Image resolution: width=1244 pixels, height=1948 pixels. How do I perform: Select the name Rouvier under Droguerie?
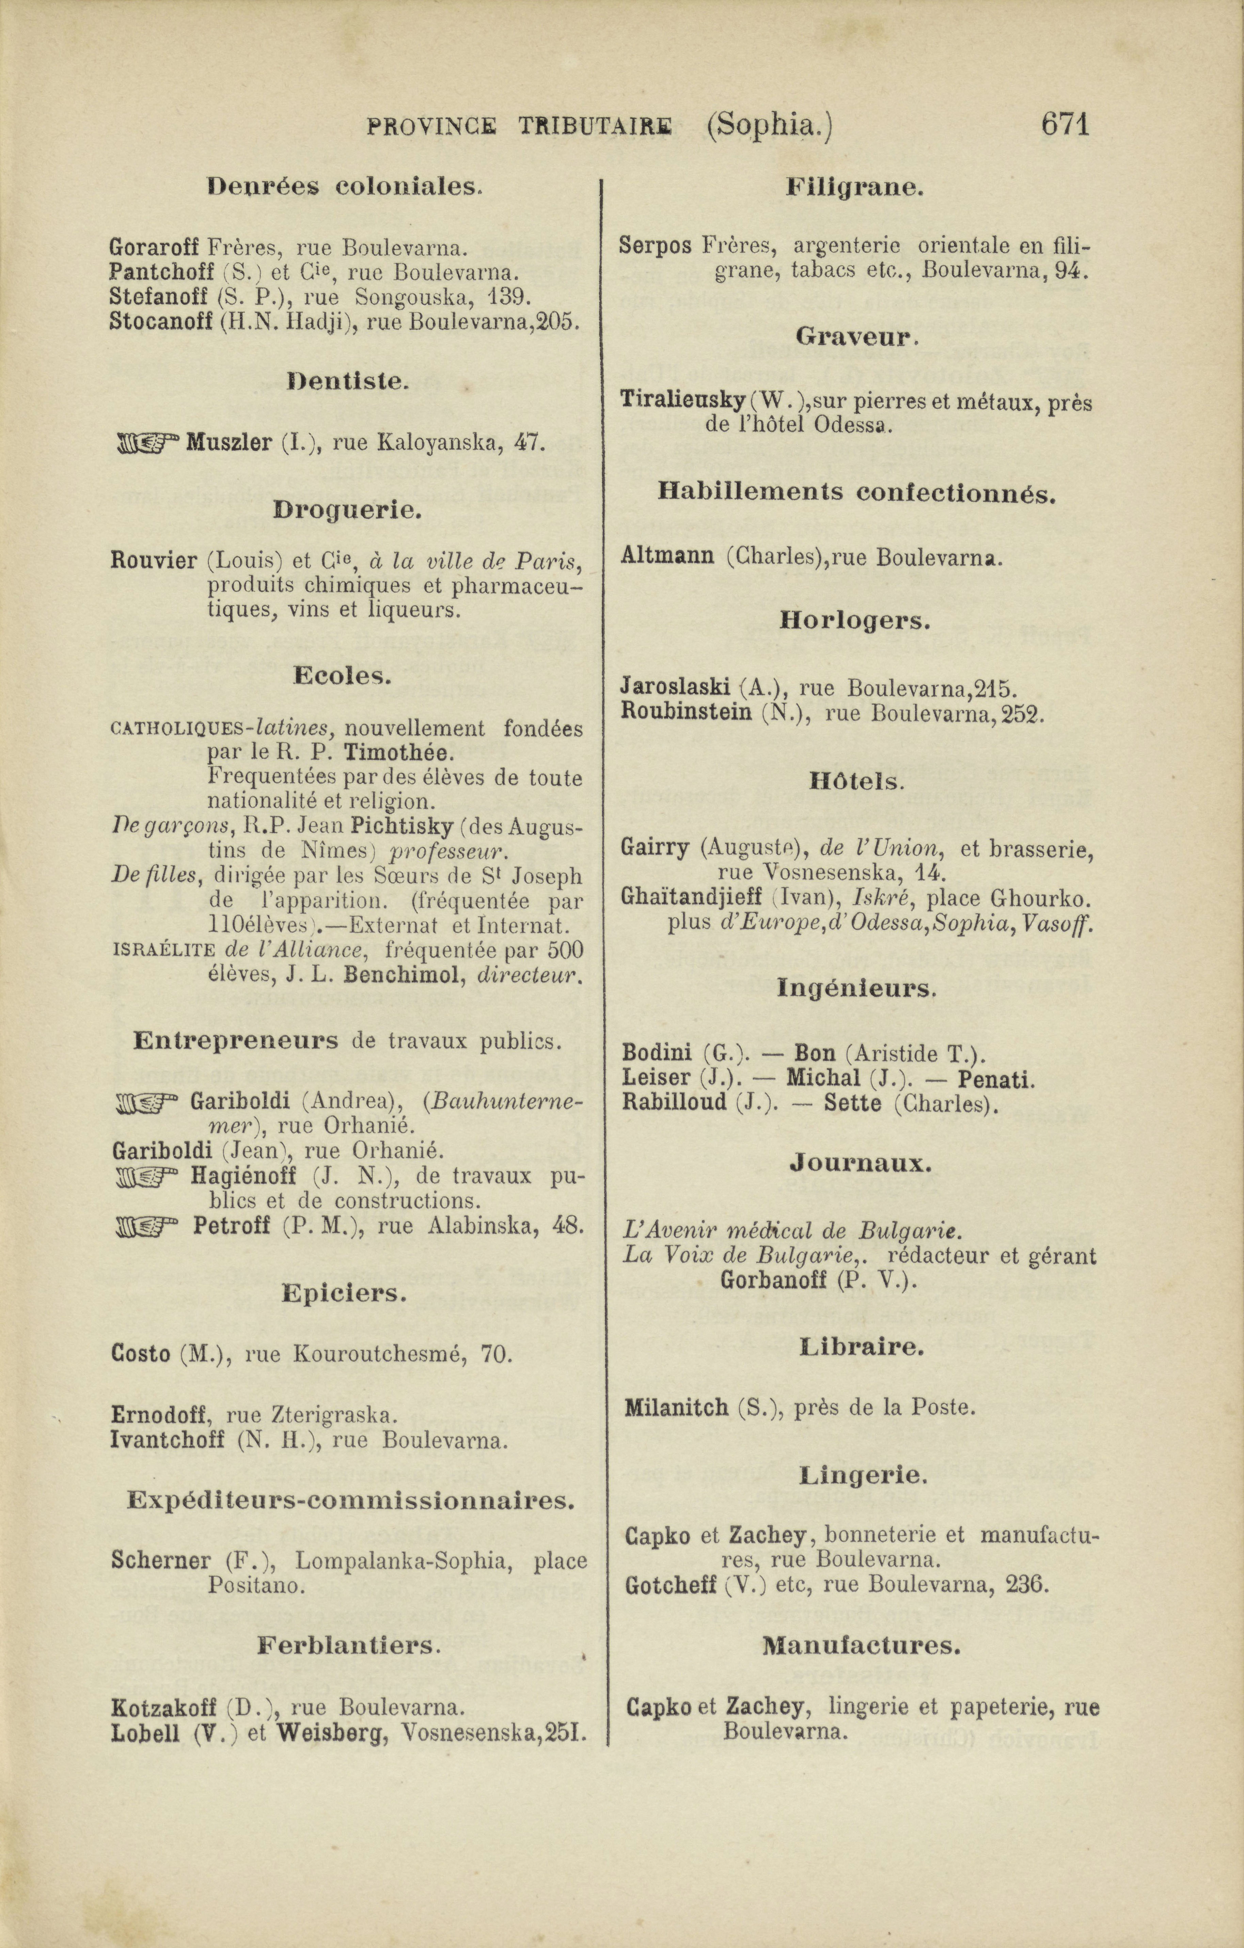154,560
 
